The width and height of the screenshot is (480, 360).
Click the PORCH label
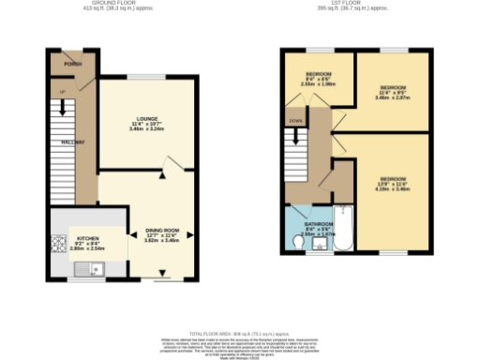click(x=72, y=64)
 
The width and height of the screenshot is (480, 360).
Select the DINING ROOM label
click(x=161, y=230)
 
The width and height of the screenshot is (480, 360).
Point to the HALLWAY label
click(x=73, y=142)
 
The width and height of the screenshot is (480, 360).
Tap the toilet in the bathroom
click(x=298, y=243)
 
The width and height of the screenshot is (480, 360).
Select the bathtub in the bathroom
click(x=341, y=229)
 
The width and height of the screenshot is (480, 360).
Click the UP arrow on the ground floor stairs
click(x=63, y=92)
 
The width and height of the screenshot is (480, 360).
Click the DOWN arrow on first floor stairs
click(x=295, y=121)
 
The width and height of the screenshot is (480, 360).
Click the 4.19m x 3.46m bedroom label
click(x=393, y=182)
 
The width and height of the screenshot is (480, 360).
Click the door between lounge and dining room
click(x=165, y=172)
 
